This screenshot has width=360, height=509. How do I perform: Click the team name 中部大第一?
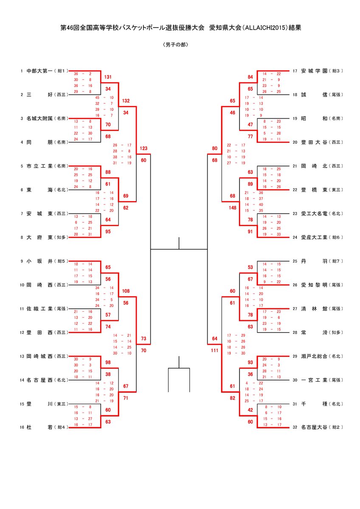(x=39, y=71)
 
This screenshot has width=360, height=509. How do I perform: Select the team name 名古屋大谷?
(x=314, y=428)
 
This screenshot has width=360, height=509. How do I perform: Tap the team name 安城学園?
(x=314, y=71)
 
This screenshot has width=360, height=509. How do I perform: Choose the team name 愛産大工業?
(x=314, y=237)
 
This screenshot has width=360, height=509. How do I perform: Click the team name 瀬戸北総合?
(x=314, y=356)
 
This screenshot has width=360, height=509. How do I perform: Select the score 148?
(x=232, y=208)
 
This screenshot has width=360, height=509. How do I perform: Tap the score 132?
(x=126, y=101)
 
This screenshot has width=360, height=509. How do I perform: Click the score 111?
(x=214, y=351)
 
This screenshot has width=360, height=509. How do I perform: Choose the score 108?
(x=126, y=291)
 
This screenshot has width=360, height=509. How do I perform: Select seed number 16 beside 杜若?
(x=22, y=428)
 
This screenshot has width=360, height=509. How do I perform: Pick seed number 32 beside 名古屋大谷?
(x=295, y=428)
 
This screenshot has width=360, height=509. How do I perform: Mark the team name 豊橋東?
(x=314, y=190)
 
